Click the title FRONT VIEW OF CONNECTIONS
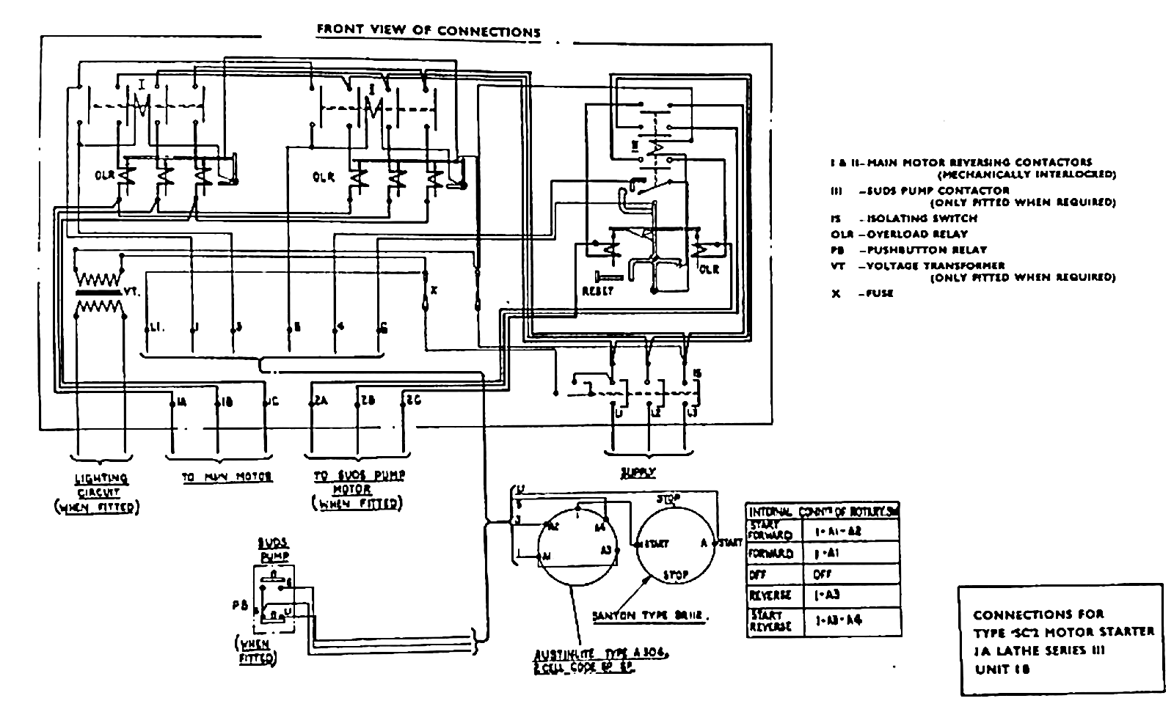(428, 31)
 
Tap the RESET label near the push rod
(597, 290)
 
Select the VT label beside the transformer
(131, 291)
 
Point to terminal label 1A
(181, 401)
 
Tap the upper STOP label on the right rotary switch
(668, 499)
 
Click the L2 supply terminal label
(655, 415)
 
